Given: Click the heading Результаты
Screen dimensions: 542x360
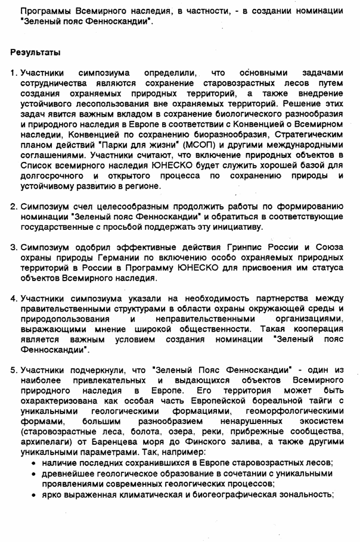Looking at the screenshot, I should (35, 52).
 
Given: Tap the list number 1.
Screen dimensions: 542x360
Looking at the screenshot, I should (13, 73).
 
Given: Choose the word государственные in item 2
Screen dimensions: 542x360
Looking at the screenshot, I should (58, 226).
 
